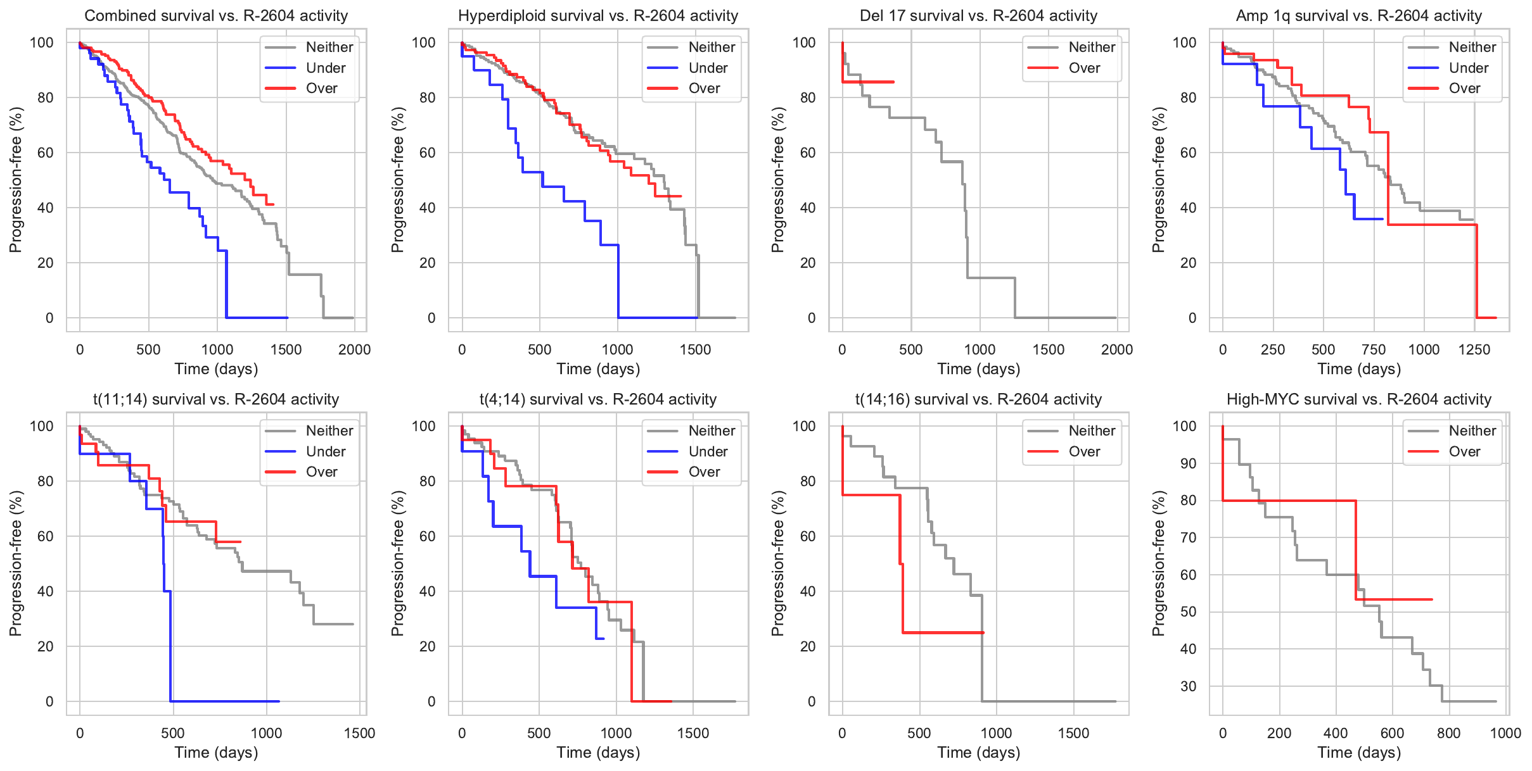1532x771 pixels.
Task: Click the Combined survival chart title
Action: [216, 16]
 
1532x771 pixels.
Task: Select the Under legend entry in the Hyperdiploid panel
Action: [708, 68]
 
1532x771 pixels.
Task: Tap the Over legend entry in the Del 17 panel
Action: [1084, 68]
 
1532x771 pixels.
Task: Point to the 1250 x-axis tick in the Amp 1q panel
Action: [1474, 349]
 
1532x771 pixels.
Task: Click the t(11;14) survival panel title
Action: [216, 399]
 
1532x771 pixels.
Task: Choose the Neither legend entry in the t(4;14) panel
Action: [712, 430]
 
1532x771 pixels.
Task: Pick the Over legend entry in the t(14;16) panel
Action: [1084, 451]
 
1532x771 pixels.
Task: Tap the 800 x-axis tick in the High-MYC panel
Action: [1448, 733]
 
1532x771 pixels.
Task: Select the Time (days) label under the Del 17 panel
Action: [978, 369]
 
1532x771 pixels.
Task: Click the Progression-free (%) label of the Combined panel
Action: [16, 180]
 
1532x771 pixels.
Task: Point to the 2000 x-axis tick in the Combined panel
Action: [354, 349]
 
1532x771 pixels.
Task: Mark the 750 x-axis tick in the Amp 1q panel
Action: [1374, 349]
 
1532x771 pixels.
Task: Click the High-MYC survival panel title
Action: [1358, 399]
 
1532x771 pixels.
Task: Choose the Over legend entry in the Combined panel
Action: [321, 88]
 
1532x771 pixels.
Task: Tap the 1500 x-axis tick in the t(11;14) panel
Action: [359, 733]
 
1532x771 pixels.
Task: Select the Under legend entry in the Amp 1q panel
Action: [1468, 68]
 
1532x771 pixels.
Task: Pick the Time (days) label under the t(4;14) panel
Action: [598, 753]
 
